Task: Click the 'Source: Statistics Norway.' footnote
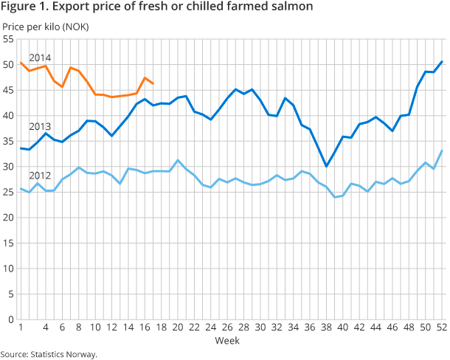(x=49, y=354)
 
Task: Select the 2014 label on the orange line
(x=40, y=58)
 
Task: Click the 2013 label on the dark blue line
(x=40, y=126)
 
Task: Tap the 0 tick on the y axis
(x=11, y=319)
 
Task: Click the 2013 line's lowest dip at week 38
(x=326, y=166)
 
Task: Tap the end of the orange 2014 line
(x=152, y=83)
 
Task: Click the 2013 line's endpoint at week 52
(x=441, y=62)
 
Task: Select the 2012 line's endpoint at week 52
(x=441, y=151)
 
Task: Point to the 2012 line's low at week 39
(x=334, y=197)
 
